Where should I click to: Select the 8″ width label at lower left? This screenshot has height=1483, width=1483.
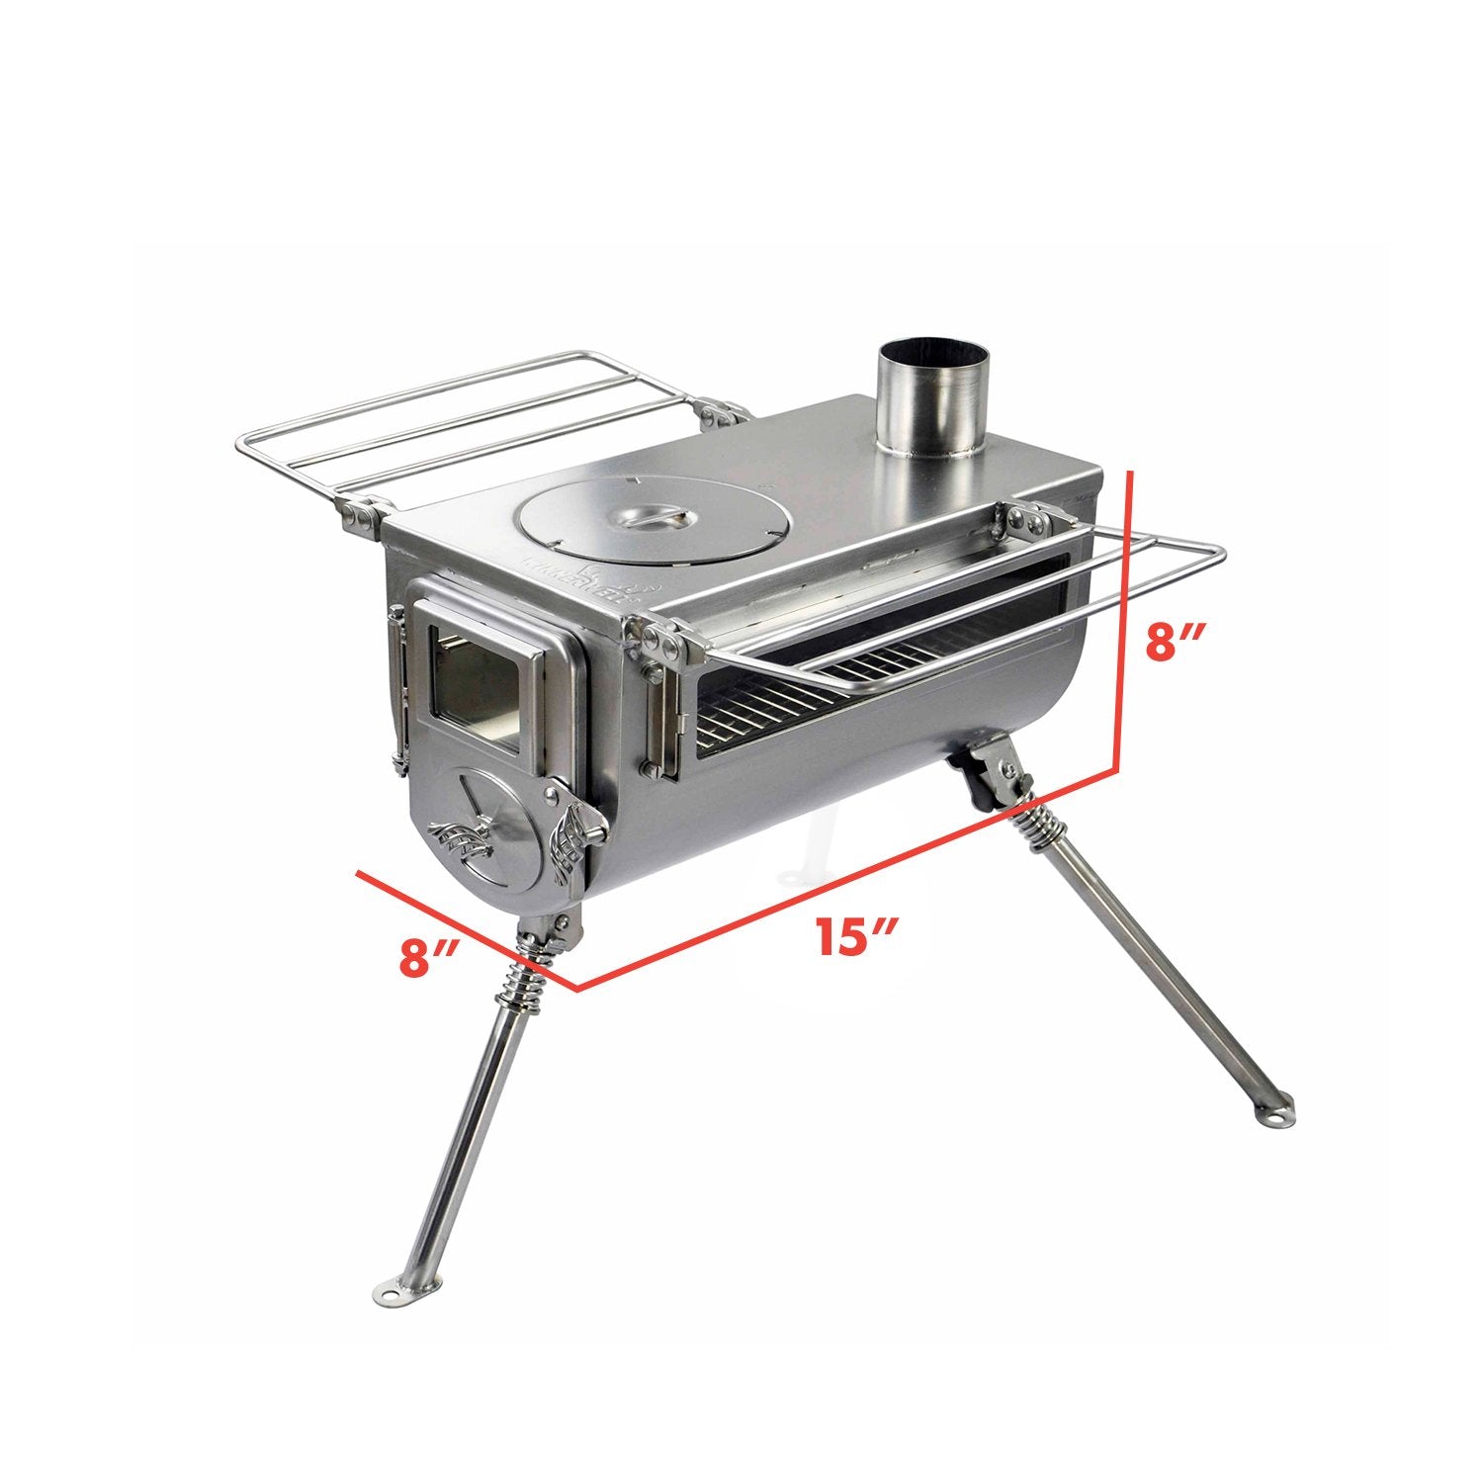click(x=427, y=957)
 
